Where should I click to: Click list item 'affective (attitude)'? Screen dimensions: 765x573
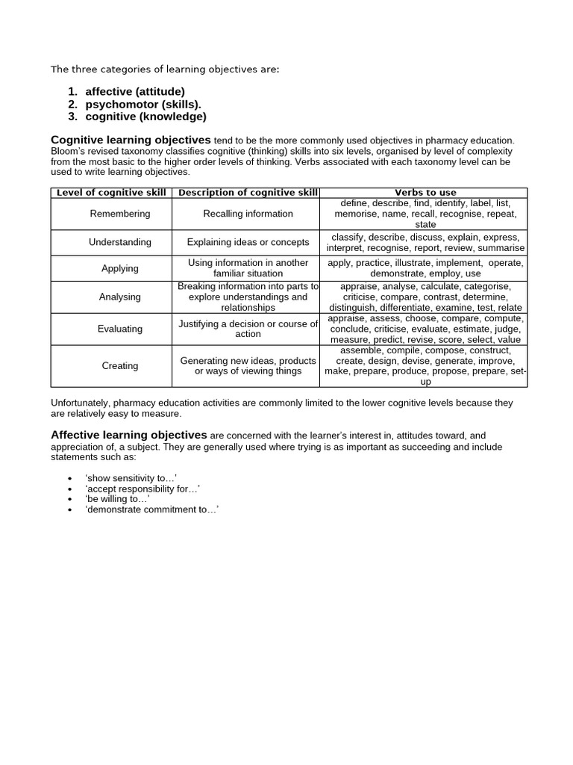click(x=135, y=92)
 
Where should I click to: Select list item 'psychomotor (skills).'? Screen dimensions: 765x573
click(x=143, y=105)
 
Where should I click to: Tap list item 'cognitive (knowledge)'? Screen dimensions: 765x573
click(x=145, y=117)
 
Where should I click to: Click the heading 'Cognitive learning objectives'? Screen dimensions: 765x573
click(x=131, y=140)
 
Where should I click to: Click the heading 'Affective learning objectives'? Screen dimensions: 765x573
click(x=128, y=435)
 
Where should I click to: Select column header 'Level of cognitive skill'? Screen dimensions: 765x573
click(x=111, y=193)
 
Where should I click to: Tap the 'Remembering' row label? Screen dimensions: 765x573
click(x=119, y=214)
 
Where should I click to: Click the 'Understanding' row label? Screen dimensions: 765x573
click(x=119, y=242)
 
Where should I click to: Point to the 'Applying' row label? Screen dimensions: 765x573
click(x=119, y=268)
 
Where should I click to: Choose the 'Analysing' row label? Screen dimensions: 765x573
click(x=119, y=297)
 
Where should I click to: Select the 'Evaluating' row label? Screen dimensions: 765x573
click(x=119, y=329)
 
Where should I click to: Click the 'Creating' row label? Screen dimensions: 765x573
click(x=119, y=366)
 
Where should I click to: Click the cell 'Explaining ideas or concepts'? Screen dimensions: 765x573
click(x=248, y=242)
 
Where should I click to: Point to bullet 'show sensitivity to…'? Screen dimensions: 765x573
click(x=131, y=477)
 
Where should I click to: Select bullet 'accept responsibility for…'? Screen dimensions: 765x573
click(x=143, y=488)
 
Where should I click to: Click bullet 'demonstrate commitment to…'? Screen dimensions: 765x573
click(x=151, y=509)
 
